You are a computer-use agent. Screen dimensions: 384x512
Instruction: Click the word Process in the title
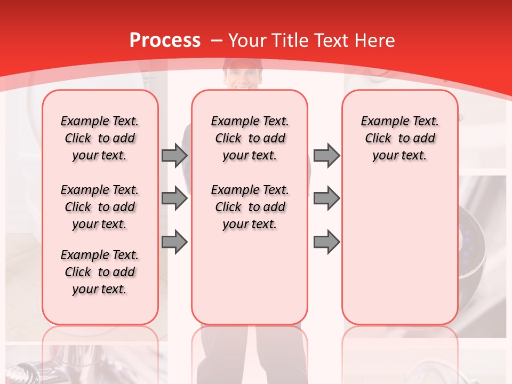coord(165,41)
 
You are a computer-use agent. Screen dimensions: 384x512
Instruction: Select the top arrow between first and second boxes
coord(174,155)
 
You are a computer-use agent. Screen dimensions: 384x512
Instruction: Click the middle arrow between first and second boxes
coord(174,198)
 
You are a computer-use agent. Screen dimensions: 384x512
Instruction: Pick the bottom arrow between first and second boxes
coord(174,242)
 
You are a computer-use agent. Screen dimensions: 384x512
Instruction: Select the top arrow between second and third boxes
coord(326,155)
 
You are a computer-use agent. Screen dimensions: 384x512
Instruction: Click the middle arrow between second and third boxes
coord(326,198)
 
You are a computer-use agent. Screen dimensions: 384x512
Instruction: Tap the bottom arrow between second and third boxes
coord(326,242)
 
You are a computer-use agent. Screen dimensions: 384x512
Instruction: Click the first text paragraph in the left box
coord(100,138)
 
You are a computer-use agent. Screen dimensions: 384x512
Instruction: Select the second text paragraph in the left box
coord(100,207)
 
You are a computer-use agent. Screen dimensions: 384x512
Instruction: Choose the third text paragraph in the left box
coord(100,272)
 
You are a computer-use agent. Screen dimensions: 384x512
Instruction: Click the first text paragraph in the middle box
coord(250,138)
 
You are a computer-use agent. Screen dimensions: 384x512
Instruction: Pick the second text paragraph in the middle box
coord(250,207)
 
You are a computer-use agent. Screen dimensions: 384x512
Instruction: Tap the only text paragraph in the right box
coord(400,138)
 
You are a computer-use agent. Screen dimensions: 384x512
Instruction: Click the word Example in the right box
coord(380,121)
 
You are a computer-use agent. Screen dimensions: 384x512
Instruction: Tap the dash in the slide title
coord(217,41)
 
